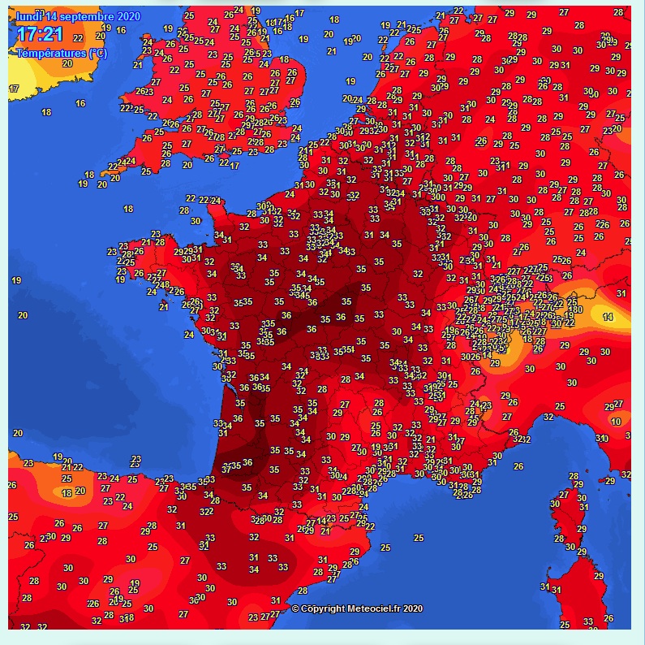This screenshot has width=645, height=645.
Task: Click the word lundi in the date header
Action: [30, 17]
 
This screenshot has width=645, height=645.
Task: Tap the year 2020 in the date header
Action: [128, 17]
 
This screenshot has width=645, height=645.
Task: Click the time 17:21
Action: [40, 34]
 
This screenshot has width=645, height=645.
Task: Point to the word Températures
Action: [51, 53]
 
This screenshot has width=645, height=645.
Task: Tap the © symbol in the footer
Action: [295, 608]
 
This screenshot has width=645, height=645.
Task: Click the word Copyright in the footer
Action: [322, 608]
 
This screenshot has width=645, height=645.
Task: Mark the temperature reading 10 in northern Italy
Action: [617, 422]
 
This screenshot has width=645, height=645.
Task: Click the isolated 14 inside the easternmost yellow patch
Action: [608, 315]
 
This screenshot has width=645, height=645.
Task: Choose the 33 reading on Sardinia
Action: [587, 621]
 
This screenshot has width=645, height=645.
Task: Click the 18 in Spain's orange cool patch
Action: [67, 492]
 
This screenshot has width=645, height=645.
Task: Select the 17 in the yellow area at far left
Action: [14, 88]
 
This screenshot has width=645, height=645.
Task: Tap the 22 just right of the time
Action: [79, 37]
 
